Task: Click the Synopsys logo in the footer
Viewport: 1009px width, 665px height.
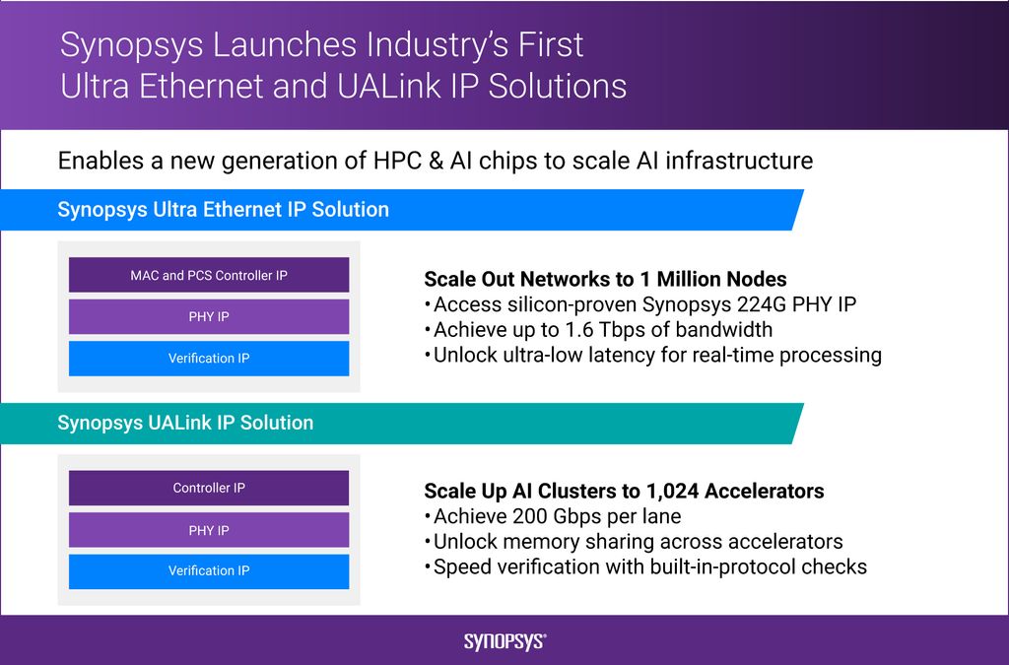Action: pyautogui.click(x=504, y=641)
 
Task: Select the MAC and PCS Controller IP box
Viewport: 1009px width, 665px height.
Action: pyautogui.click(x=209, y=275)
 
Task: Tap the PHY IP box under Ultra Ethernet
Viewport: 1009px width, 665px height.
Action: pyautogui.click(x=209, y=317)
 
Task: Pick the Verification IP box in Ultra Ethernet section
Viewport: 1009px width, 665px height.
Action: pyautogui.click(x=209, y=359)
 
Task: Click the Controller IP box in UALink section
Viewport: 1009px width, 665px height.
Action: pyautogui.click(x=209, y=488)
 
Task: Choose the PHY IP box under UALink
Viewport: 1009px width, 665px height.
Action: pyautogui.click(x=209, y=530)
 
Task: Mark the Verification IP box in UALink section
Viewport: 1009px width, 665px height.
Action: pyautogui.click(x=209, y=571)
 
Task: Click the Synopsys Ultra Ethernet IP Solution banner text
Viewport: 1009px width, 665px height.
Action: pyautogui.click(x=223, y=210)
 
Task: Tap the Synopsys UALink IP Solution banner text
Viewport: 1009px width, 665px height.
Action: pyautogui.click(x=185, y=423)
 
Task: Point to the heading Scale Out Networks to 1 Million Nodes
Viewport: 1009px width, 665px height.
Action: pyautogui.click(x=605, y=279)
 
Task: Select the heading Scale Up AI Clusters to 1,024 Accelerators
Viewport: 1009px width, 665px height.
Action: pyautogui.click(x=624, y=491)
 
